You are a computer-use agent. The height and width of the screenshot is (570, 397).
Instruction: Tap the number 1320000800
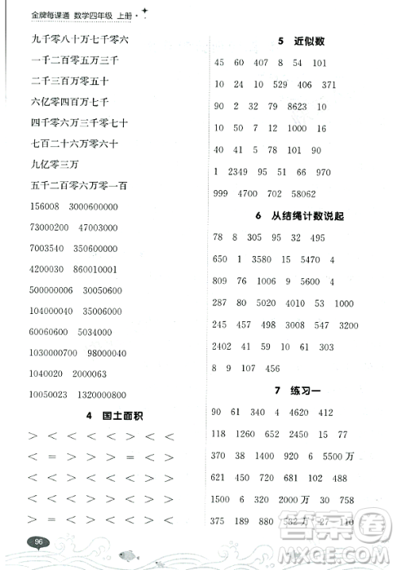pyautogui.click(x=119, y=394)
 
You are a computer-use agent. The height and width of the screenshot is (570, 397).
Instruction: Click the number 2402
pyautogui.click(x=226, y=346)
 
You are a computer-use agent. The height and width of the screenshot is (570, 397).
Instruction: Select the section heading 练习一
pyautogui.click(x=306, y=390)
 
